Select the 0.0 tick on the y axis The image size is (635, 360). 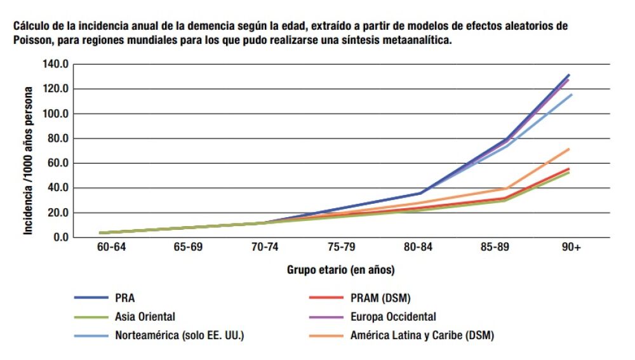tap(60, 237)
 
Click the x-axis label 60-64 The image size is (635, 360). tap(112, 248)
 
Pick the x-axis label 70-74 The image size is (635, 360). tap(265, 248)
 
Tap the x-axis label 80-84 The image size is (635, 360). tap(418, 248)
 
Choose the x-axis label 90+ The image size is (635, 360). tap(571, 248)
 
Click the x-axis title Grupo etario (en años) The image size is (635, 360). tap(341, 270)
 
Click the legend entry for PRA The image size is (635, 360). tap(125, 297)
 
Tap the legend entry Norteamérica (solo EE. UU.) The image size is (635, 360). tap(179, 335)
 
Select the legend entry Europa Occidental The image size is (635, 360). tap(392, 316)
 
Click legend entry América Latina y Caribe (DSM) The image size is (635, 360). tap(422, 335)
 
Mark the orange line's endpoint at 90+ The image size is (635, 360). tap(570, 149)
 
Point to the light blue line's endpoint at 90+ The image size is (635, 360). tap(571, 95)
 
